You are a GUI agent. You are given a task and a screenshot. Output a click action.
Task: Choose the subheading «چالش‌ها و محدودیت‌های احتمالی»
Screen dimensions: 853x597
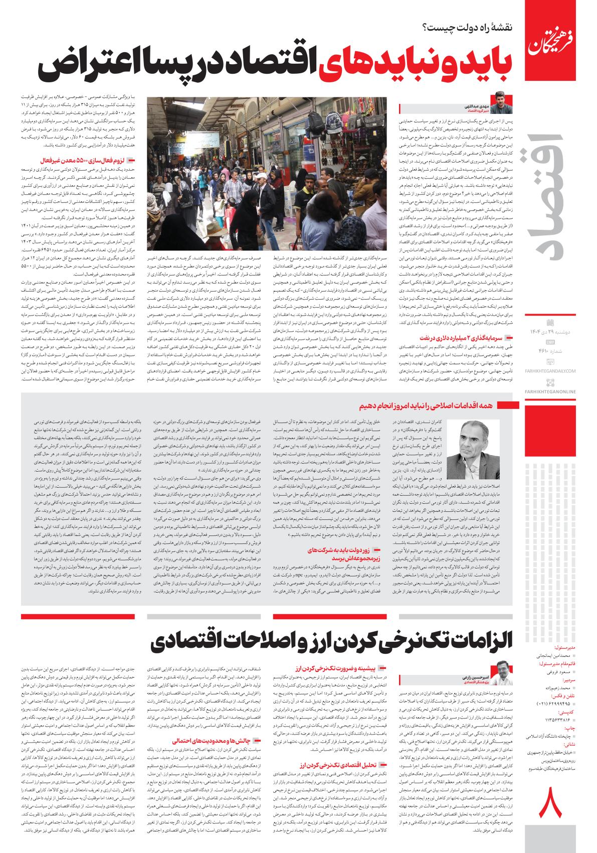click(x=216, y=740)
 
